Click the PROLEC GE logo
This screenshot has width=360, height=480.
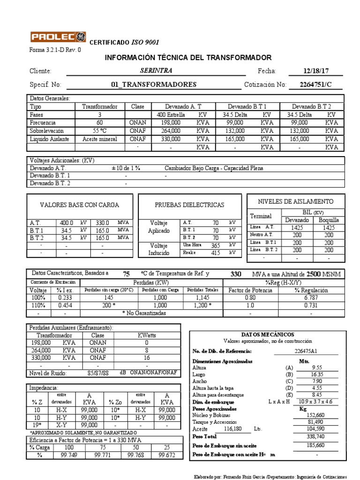(58, 37)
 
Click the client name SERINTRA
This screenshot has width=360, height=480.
(156, 71)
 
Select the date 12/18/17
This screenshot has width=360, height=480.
(316, 71)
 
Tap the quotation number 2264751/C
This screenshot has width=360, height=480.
(316, 85)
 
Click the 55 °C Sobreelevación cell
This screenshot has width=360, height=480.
(100, 131)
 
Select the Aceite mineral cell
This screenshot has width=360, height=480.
(100, 139)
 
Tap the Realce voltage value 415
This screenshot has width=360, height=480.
(215, 253)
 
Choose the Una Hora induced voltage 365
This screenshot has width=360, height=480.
(215, 245)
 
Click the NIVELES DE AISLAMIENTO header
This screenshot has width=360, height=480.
(296, 202)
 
